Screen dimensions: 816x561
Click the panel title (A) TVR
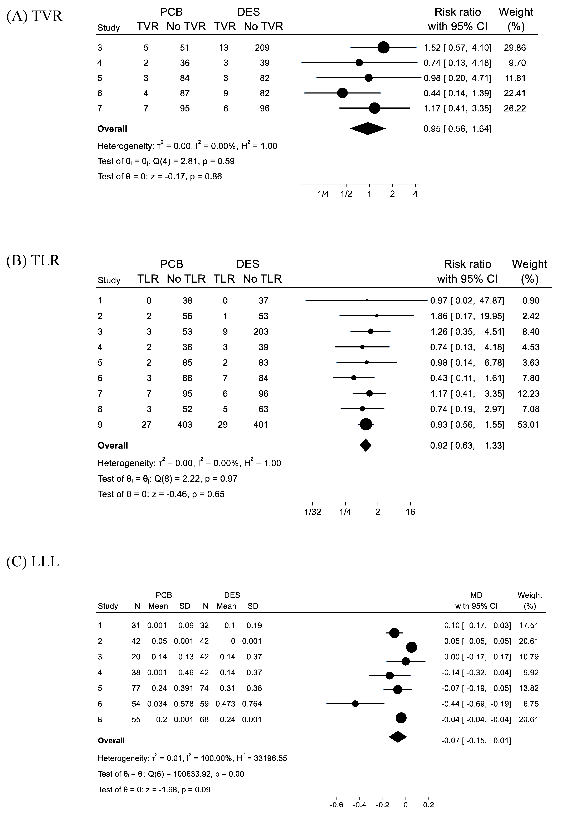pyautogui.click(x=35, y=16)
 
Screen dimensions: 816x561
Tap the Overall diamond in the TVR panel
pyautogui.click(x=368, y=129)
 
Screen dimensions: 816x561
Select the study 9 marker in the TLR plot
pyautogui.click(x=366, y=425)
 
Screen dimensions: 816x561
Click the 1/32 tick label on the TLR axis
pyautogui.click(x=313, y=512)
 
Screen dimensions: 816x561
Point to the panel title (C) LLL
pyautogui.click(x=33, y=562)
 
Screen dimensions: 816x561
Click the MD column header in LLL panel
pyautogui.click(x=476, y=595)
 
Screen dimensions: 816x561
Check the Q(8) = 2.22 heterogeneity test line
pyautogui.click(x=167, y=479)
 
